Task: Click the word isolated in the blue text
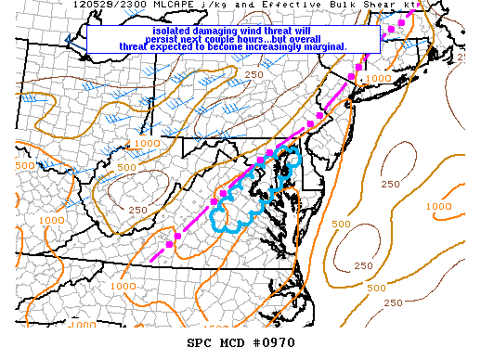point(176,30)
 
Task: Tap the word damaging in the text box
point(229,30)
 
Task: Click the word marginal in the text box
point(321,46)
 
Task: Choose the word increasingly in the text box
point(262,46)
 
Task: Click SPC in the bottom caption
point(200,343)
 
